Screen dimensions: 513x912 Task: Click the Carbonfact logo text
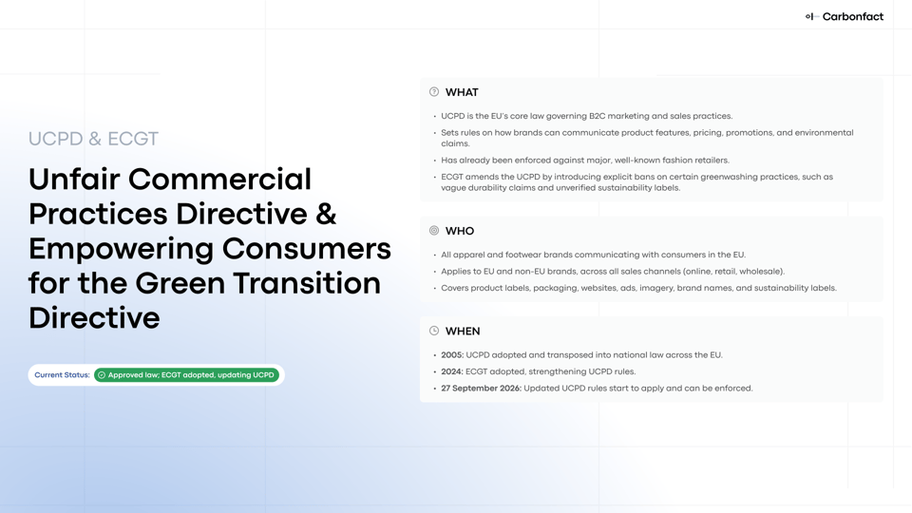click(x=852, y=16)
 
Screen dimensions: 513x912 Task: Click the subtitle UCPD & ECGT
click(x=93, y=139)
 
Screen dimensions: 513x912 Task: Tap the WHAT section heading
click(x=462, y=93)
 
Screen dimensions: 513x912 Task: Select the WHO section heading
click(x=460, y=232)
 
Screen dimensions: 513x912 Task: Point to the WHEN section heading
click(x=463, y=332)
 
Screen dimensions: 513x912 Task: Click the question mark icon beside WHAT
click(x=434, y=92)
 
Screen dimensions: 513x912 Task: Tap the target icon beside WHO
click(x=434, y=231)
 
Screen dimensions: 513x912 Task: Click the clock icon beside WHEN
click(x=434, y=331)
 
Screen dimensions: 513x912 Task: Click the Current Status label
click(x=62, y=375)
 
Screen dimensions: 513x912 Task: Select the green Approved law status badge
click(x=187, y=375)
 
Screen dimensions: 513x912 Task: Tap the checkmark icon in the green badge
click(x=102, y=375)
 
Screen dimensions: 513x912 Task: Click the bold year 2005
click(x=451, y=355)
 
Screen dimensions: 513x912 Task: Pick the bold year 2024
click(x=451, y=371)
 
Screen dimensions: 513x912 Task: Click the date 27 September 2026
click(x=481, y=389)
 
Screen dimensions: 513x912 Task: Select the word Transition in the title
click(x=305, y=283)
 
